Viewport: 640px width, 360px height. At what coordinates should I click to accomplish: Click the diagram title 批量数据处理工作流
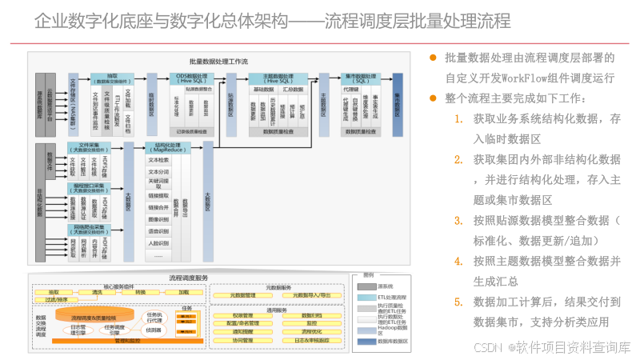tap(219, 61)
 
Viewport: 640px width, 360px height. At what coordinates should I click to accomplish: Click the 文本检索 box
tap(158, 160)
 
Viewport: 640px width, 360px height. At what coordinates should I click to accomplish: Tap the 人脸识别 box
tap(158, 242)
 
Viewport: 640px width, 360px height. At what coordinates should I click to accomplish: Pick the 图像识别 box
tap(158, 218)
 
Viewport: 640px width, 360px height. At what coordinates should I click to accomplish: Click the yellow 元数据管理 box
tap(238, 295)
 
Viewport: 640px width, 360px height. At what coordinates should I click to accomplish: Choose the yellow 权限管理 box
tap(238, 315)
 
